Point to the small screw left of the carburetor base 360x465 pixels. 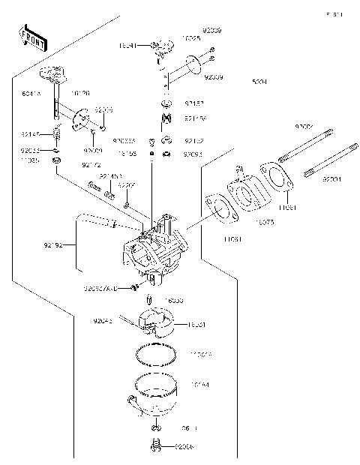[x=133, y=287]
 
